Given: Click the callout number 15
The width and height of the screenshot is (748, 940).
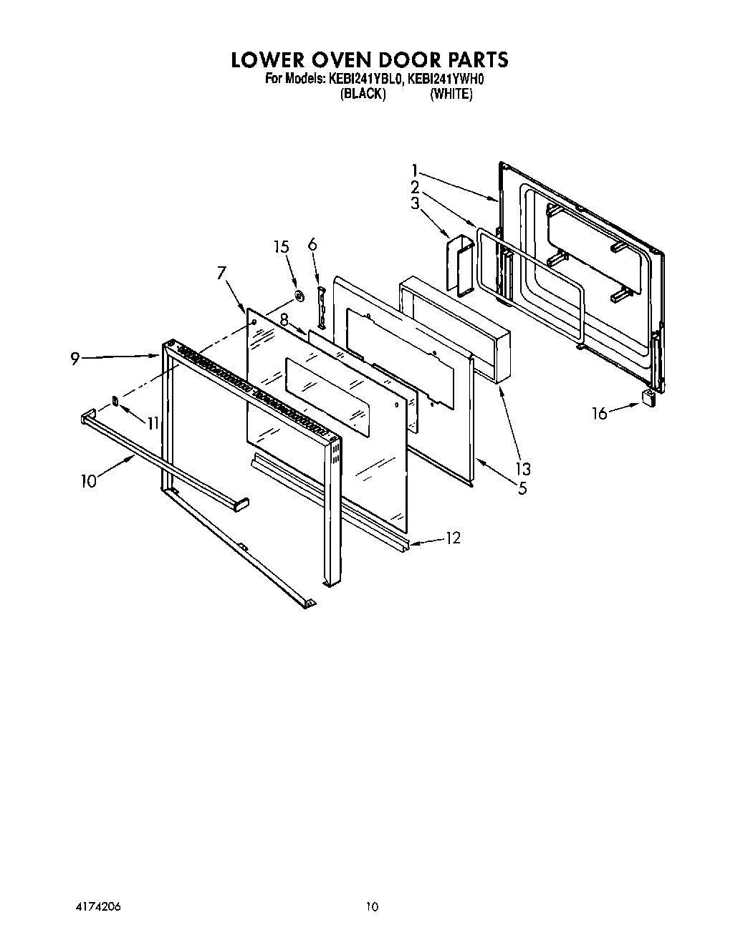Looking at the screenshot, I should [x=282, y=247].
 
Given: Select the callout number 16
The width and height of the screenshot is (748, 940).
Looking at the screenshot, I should [x=599, y=413].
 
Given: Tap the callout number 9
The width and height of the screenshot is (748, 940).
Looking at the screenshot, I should [x=75, y=359].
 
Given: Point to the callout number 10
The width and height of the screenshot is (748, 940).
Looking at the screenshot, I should [x=88, y=480].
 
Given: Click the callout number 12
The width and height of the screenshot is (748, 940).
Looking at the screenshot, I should [x=453, y=537].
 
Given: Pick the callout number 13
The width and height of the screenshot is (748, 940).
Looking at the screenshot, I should [x=523, y=469].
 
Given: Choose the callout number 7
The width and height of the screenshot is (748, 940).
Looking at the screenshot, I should [x=221, y=272].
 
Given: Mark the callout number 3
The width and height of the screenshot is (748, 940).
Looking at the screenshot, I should [x=415, y=203].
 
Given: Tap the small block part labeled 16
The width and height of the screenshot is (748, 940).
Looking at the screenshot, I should [x=650, y=398].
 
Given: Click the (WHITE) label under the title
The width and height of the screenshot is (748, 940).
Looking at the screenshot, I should [x=451, y=94].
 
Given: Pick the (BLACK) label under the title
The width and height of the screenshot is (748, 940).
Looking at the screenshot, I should [x=363, y=94].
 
